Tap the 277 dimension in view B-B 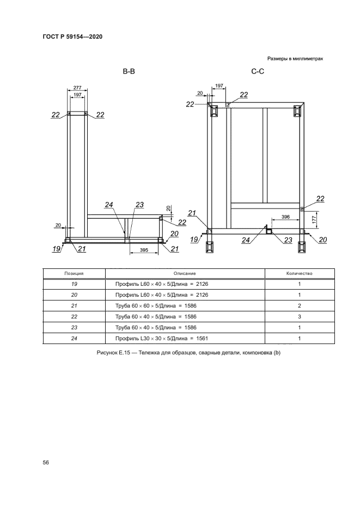click(77, 88)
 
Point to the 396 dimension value click(285, 217)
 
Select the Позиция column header click(74, 273)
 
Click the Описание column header click(185, 273)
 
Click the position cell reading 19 click(74, 284)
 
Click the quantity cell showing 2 click(299, 305)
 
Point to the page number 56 click(46, 462)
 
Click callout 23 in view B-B click(139, 205)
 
